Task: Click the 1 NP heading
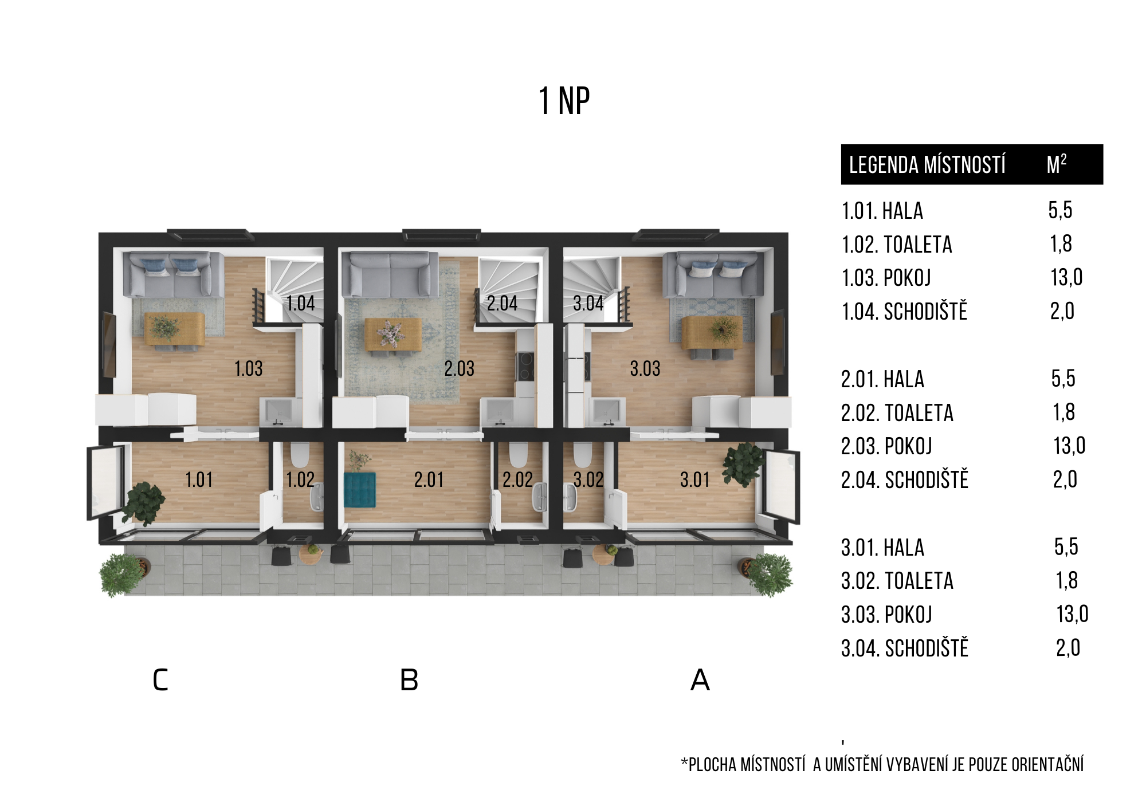coord(564,101)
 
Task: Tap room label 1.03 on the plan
coord(249,368)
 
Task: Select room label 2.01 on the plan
coord(429,479)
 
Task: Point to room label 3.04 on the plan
coord(588,303)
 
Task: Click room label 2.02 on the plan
coord(517,479)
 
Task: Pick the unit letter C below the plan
coord(160,680)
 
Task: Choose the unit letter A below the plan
coord(700,680)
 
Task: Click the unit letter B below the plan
coord(409,680)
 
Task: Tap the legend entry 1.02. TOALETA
coord(897,245)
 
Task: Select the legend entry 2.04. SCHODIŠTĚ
coord(905,479)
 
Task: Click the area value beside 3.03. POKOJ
coord(1072,614)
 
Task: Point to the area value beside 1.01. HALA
coord(1060,210)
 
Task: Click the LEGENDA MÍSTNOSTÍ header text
coord(927,165)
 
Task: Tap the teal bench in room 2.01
coord(360,490)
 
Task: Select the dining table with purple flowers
coord(393,335)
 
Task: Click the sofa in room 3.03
coord(713,275)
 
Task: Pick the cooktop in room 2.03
coord(525,367)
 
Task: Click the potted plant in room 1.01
coord(143,503)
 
